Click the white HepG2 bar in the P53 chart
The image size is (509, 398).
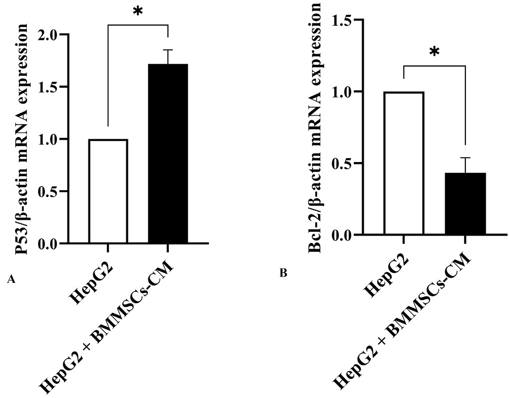pyautogui.click(x=108, y=191)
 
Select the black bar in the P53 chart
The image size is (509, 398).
pyautogui.click(x=168, y=154)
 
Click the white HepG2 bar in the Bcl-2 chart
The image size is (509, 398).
pyautogui.click(x=404, y=163)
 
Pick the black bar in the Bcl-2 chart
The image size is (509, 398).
pyautogui.click(x=465, y=203)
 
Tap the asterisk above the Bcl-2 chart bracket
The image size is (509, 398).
pyautogui.click(x=434, y=52)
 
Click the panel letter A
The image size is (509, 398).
pyautogui.click(x=11, y=279)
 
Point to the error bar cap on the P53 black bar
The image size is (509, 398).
pyautogui.click(x=168, y=50)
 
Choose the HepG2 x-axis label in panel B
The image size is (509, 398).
pyautogui.click(x=386, y=275)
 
